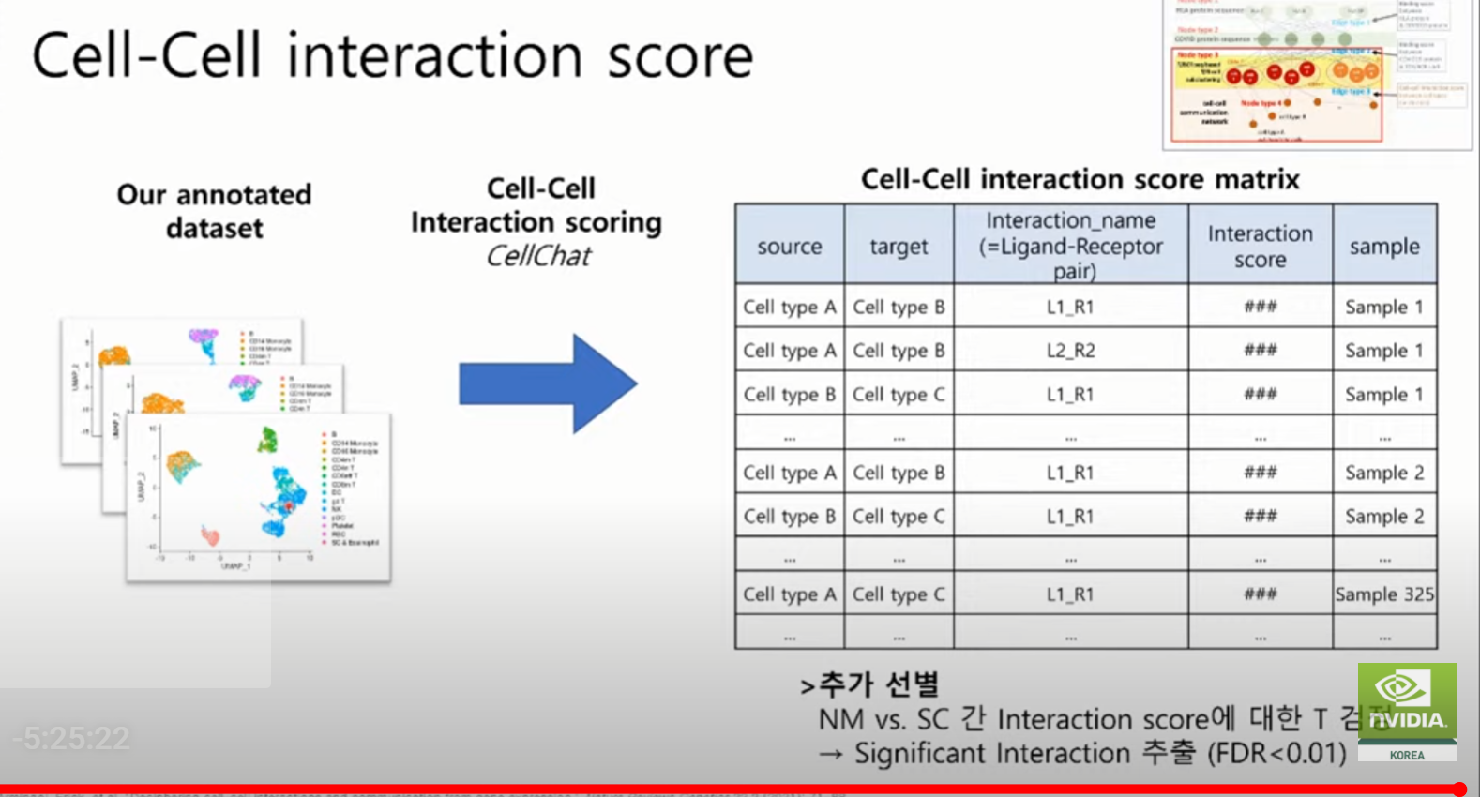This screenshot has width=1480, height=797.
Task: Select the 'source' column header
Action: [x=789, y=246]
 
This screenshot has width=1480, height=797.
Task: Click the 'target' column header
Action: [x=898, y=246]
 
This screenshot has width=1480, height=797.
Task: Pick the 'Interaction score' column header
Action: [x=1260, y=246]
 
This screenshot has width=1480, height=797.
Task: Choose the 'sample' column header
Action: [x=1384, y=246]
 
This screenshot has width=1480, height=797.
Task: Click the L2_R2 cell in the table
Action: [x=1070, y=351]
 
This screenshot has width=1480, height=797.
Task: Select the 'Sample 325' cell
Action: [x=1384, y=594]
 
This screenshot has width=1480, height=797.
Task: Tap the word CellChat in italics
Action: [x=538, y=256]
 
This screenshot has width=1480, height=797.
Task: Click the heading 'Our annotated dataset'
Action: [x=215, y=211]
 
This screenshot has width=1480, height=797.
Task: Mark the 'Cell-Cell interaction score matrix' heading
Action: [x=1080, y=179]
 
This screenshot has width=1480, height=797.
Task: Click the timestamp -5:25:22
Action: [x=71, y=739]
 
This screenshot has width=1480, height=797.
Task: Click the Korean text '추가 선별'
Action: [x=878, y=684]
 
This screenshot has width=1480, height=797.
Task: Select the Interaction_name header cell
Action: [x=1070, y=246]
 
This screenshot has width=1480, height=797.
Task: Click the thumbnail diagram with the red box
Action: [x=1316, y=75]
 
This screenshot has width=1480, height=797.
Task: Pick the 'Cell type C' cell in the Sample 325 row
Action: [x=898, y=594]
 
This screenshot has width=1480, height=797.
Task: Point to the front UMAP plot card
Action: [x=258, y=497]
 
